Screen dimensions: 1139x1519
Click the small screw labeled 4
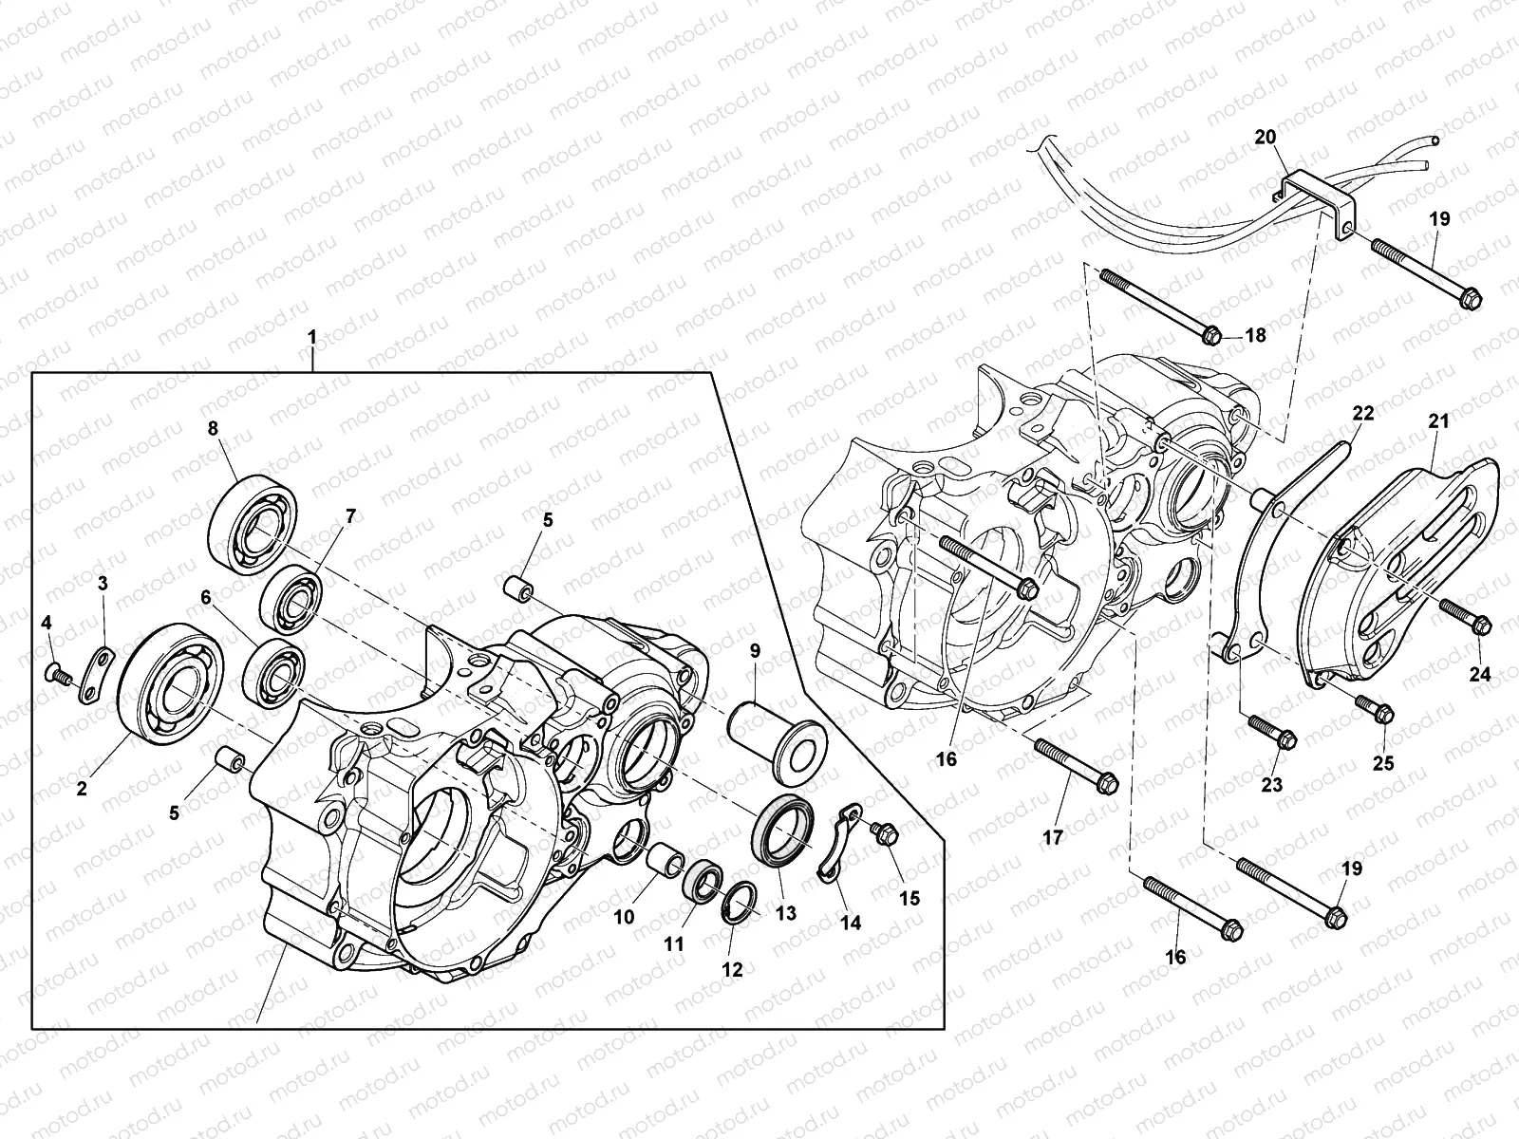pos(56,674)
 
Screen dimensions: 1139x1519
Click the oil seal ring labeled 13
pos(784,822)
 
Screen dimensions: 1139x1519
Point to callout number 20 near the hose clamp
pos(1265,139)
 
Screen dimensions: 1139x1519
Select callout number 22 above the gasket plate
pos(1363,413)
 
